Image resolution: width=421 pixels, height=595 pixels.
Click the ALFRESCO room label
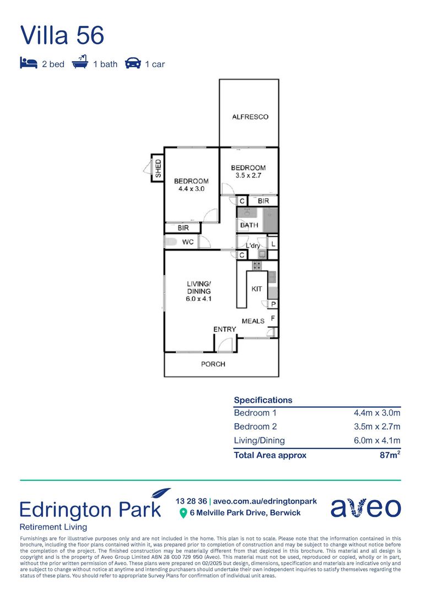click(x=250, y=117)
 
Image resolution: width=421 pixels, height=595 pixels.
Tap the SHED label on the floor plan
click(x=158, y=169)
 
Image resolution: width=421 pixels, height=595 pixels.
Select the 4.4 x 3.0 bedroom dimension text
click(x=191, y=189)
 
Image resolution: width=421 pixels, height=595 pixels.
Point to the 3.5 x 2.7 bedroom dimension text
click(x=249, y=176)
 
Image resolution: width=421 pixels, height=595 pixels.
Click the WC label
click(x=188, y=242)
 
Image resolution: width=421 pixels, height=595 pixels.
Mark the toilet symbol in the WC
click(x=170, y=242)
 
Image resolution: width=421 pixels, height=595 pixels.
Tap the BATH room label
click(x=249, y=225)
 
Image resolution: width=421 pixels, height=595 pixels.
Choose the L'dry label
click(x=253, y=246)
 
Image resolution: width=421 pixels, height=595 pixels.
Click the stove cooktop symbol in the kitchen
click(x=257, y=266)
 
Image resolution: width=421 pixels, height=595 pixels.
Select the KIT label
click(x=257, y=289)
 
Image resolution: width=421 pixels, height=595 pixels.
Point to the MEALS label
click(x=253, y=321)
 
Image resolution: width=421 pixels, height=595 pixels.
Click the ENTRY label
click(x=225, y=329)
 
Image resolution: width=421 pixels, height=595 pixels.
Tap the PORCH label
click(x=213, y=364)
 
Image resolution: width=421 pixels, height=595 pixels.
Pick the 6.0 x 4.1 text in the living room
click(x=199, y=299)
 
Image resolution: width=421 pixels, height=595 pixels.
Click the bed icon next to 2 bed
click(x=29, y=63)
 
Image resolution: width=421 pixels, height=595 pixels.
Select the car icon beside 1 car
click(x=133, y=63)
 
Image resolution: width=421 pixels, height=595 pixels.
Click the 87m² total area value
click(x=390, y=455)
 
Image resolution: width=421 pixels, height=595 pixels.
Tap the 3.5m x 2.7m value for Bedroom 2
click(x=377, y=426)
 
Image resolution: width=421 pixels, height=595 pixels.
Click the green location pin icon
click(x=183, y=513)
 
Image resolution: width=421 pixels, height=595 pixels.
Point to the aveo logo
click(x=365, y=508)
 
